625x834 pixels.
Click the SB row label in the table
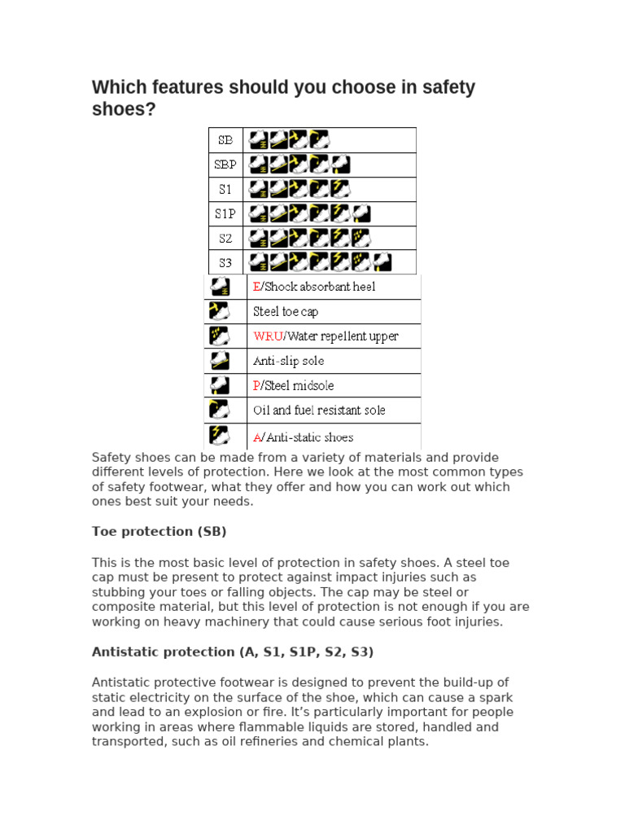click(225, 140)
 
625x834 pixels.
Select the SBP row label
click(225, 165)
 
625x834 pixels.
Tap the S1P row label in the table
click(225, 213)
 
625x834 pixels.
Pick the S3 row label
click(225, 262)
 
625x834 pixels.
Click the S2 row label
click(225, 238)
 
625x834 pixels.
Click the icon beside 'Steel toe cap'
click(218, 311)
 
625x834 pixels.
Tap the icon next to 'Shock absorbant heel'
click(218, 287)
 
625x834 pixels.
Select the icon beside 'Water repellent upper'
click(218, 336)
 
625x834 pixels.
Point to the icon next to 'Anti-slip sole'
click(218, 360)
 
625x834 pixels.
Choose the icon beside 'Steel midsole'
click(218, 384)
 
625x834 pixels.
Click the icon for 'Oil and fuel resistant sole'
click(218, 410)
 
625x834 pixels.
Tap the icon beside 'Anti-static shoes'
click(218, 436)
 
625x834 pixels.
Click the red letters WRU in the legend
click(266, 336)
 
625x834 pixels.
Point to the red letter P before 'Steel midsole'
click(256, 385)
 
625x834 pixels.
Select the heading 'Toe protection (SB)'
click(159, 532)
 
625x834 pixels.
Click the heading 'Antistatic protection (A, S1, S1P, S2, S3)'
click(233, 652)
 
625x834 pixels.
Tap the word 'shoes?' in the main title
click(124, 108)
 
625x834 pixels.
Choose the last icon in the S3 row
click(381, 262)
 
